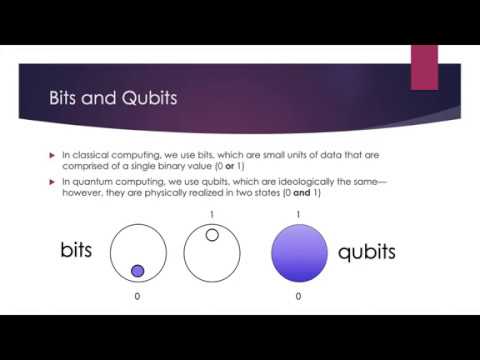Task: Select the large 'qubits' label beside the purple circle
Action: [367, 251]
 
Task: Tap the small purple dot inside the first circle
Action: [138, 270]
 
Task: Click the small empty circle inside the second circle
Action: [212, 235]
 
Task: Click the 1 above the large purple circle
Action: [299, 214]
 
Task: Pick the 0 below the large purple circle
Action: [299, 297]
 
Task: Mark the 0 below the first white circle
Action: [139, 297]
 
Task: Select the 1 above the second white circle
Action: [212, 214]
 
